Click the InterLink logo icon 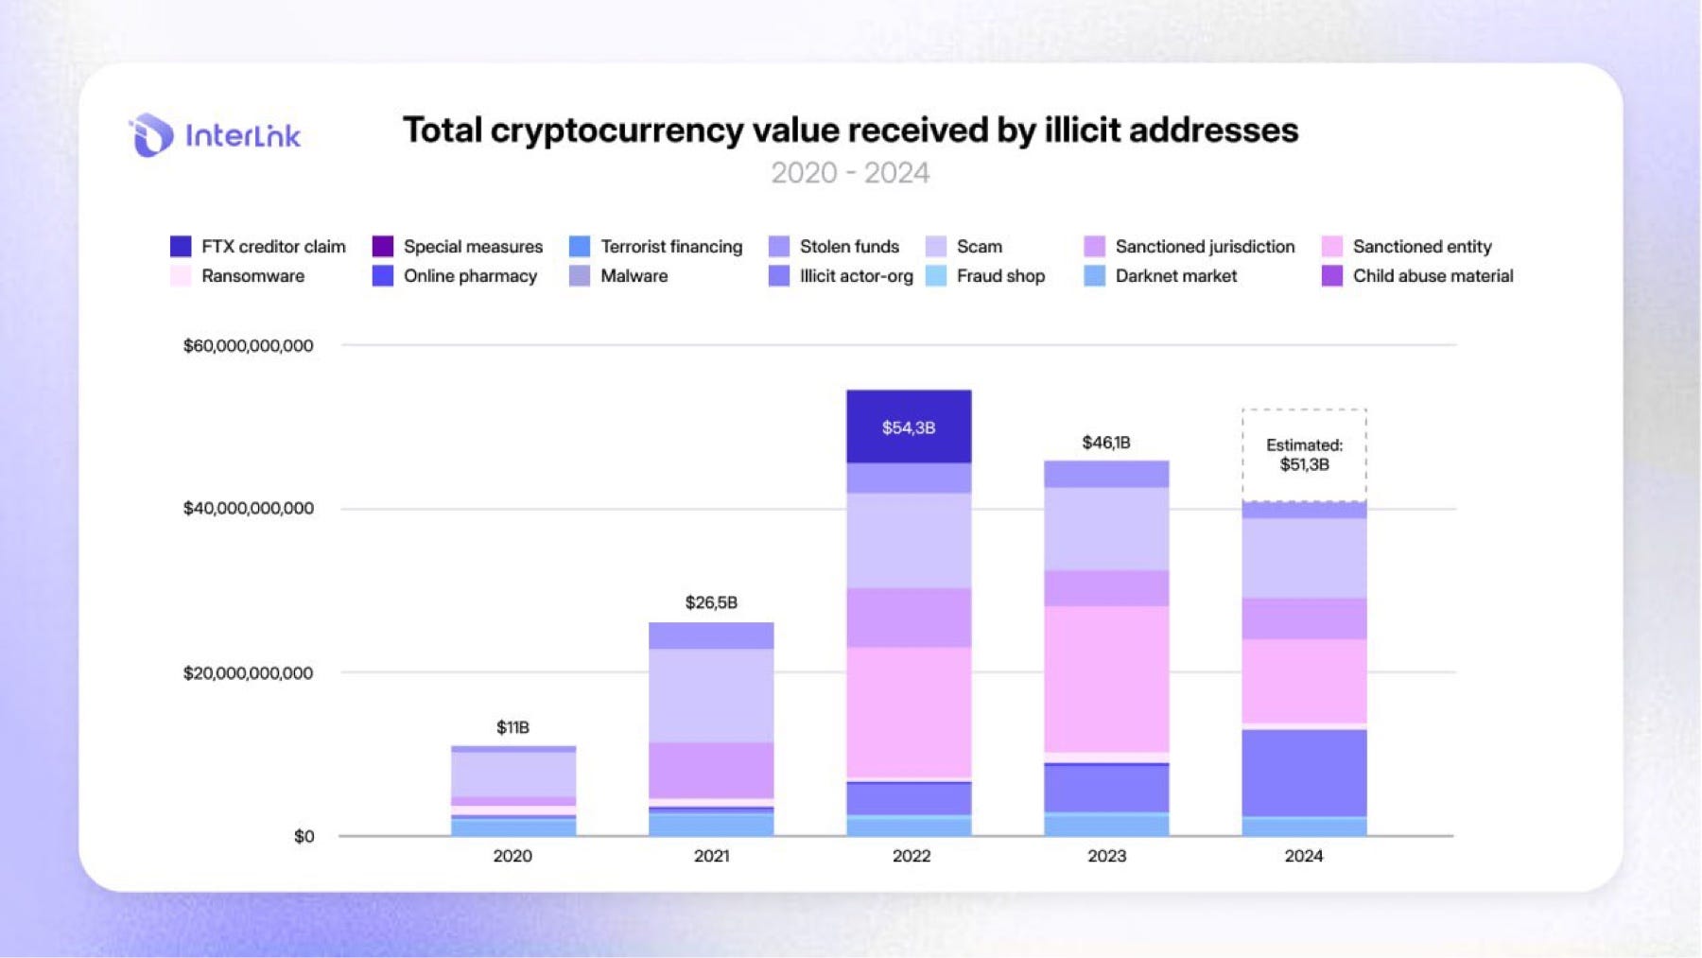click(151, 135)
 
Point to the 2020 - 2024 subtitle click(850, 173)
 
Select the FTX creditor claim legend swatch click(181, 247)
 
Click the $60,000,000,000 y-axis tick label click(248, 346)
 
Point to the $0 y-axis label click(304, 837)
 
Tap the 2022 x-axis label click(911, 856)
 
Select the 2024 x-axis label click(1303, 856)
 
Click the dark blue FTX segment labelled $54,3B click(909, 427)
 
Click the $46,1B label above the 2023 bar click(1105, 443)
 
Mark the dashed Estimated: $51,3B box click(1304, 455)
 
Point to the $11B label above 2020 click(512, 727)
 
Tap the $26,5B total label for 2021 click(711, 602)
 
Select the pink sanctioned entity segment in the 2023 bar click(1106, 678)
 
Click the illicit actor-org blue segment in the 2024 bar click(1304, 773)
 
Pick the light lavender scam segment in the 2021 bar click(711, 695)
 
